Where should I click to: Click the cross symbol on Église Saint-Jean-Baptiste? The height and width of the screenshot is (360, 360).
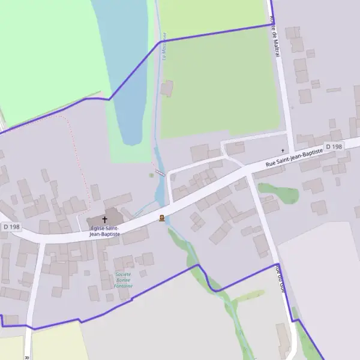(x=105, y=220)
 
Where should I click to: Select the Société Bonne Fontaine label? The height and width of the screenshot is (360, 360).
(x=124, y=280)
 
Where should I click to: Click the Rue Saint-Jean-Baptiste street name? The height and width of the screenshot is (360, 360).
(x=294, y=157)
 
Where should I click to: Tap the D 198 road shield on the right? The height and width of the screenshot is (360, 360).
(x=334, y=147)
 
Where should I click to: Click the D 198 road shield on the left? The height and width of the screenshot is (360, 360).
(x=12, y=227)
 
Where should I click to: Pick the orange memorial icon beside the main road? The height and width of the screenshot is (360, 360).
(x=161, y=218)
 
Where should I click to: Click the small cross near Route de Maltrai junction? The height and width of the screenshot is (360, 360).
(x=283, y=150)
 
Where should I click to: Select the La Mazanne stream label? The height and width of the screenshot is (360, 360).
(x=164, y=45)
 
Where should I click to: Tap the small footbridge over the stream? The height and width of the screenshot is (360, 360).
(x=160, y=173)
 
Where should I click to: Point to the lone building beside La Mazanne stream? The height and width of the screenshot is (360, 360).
(x=167, y=89)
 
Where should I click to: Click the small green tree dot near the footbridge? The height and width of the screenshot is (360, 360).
(x=151, y=175)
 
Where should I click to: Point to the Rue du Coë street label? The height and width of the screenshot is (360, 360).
(x=280, y=278)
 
